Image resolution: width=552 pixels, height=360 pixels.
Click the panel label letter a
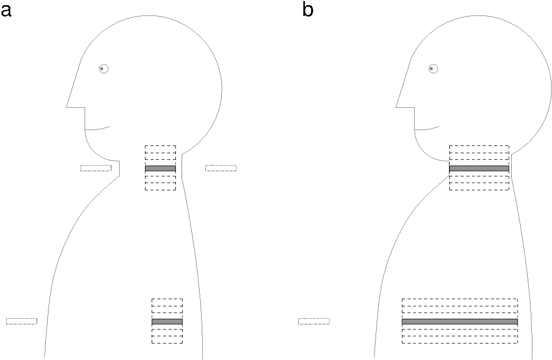6,10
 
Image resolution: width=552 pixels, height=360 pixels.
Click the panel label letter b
307,10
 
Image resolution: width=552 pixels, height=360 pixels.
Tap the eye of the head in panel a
104,69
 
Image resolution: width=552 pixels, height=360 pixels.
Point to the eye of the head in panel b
433,69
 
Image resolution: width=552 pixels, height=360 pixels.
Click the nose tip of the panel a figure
67,106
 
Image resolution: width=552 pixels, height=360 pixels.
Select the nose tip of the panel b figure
397,106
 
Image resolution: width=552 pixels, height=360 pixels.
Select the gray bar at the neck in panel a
160,169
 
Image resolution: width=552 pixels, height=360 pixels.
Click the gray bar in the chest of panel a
167,321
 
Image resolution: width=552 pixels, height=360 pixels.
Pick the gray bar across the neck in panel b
479,169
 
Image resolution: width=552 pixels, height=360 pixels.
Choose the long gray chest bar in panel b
460,321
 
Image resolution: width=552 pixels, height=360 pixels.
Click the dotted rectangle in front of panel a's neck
96,168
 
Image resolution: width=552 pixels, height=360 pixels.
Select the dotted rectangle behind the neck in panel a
221,168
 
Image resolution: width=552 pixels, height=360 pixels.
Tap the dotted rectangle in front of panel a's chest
22,321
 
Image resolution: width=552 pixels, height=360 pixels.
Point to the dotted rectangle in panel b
314,321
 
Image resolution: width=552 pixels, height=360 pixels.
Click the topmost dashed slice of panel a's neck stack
160,149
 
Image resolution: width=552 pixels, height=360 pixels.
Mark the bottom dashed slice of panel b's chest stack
460,340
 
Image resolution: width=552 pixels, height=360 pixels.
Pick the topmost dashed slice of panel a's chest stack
167,302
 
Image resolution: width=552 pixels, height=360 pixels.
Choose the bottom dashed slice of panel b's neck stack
479,187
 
